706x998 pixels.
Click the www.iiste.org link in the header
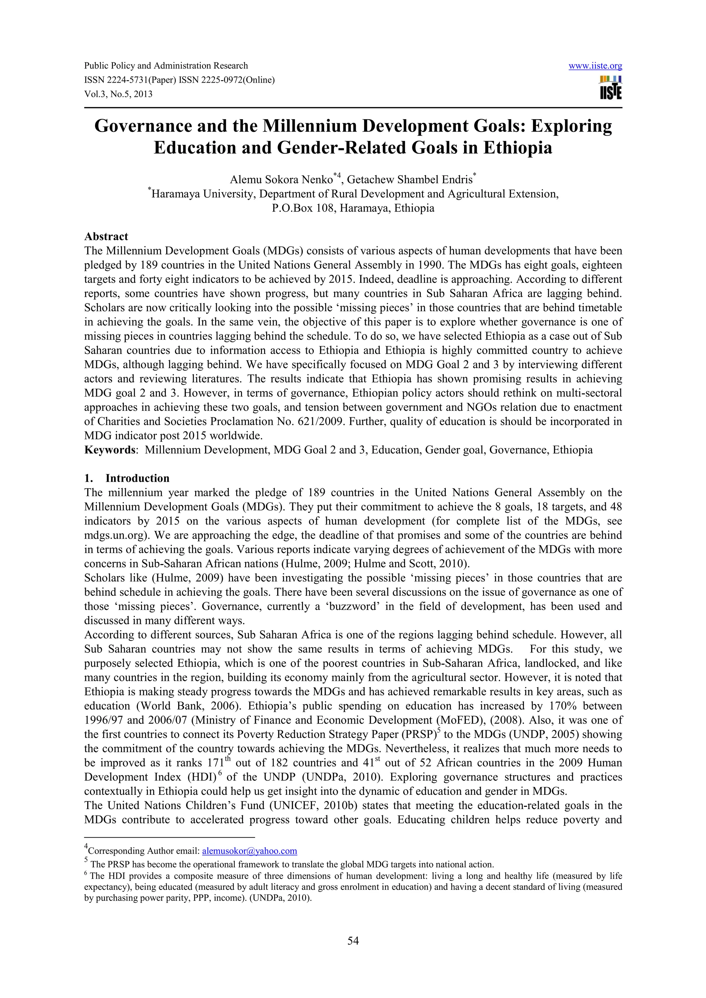click(x=595, y=66)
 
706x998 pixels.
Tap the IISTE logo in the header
click(x=611, y=88)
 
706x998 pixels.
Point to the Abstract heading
click(x=106, y=237)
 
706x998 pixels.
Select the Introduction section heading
click(x=137, y=478)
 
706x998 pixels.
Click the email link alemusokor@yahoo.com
click(x=250, y=851)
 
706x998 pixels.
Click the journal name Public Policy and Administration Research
click(x=166, y=66)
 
